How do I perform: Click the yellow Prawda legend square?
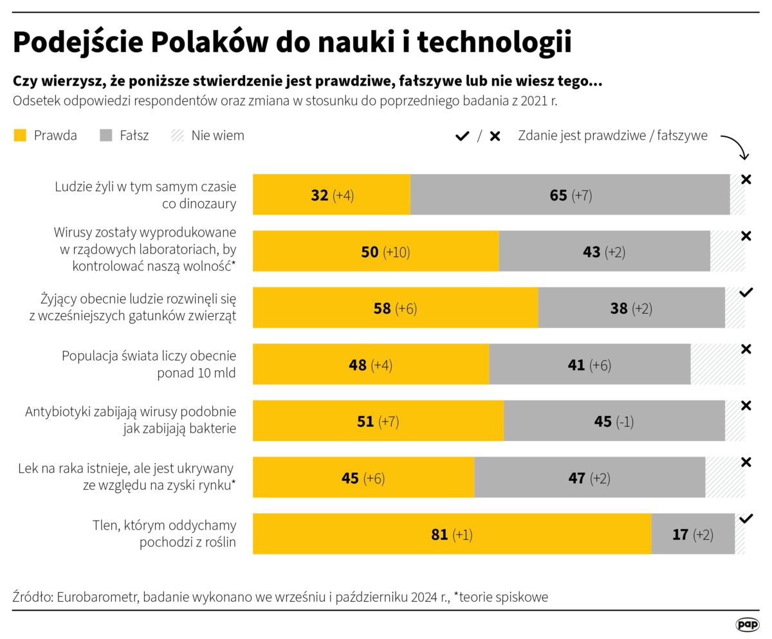point(20,136)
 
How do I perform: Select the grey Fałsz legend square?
point(106,136)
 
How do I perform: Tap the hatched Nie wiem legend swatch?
point(177,136)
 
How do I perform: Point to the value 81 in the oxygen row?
point(439,534)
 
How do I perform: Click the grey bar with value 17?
point(692,534)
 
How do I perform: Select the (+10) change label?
point(396,252)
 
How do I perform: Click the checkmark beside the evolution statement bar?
point(746,292)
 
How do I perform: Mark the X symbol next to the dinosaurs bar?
point(746,180)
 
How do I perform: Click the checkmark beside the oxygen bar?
point(746,519)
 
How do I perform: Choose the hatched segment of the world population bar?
point(717,364)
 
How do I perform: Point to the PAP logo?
point(747,624)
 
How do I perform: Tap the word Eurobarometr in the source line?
point(96,597)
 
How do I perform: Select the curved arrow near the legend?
point(736,147)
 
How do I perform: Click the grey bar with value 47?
point(589,478)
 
